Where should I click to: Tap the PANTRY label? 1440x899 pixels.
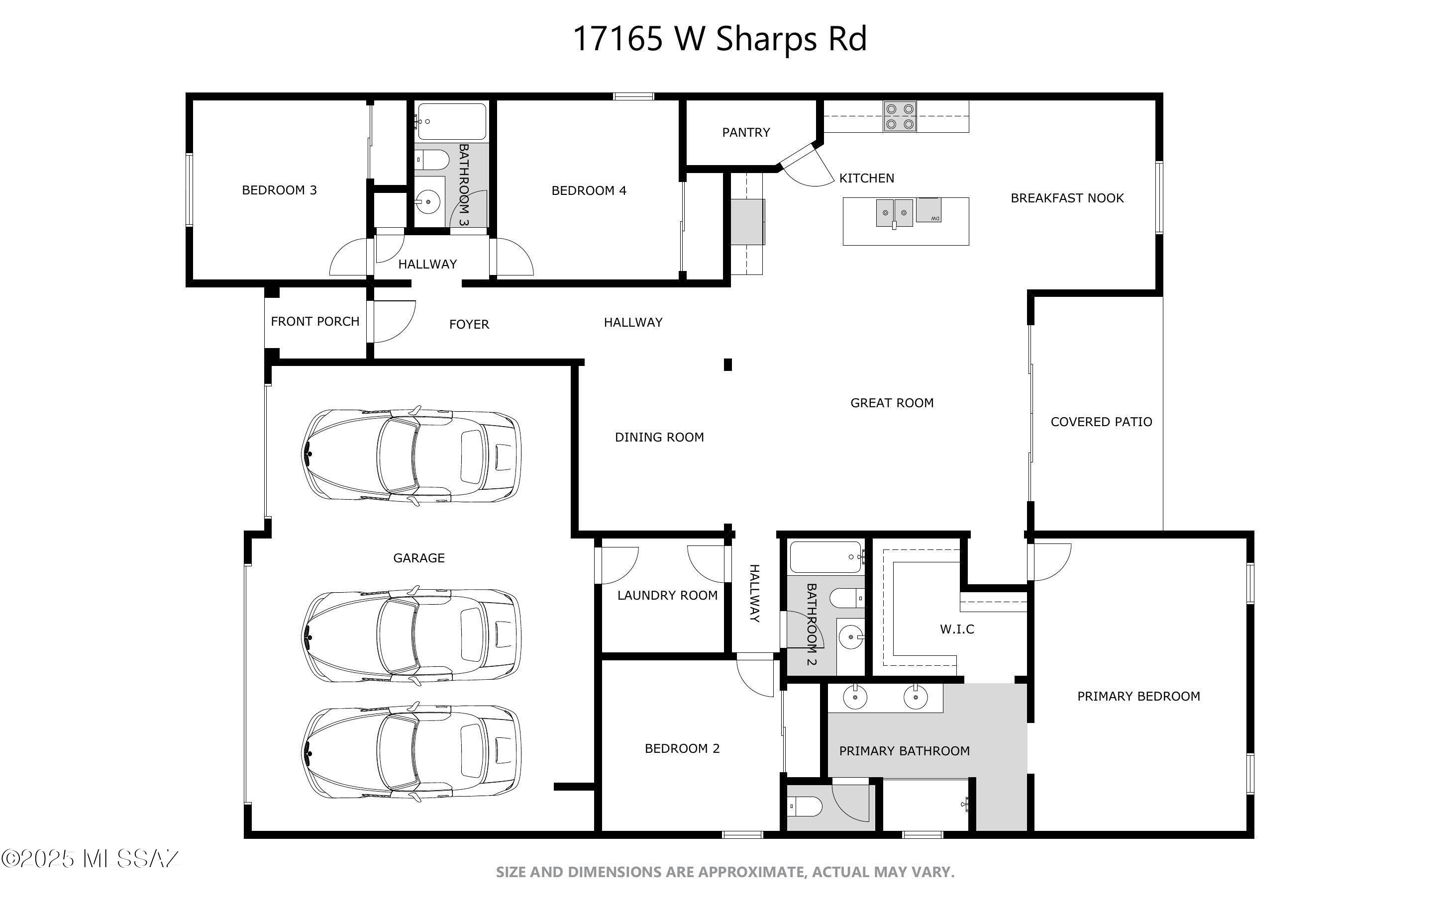coord(746,132)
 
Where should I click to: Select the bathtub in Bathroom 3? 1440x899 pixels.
coord(451,121)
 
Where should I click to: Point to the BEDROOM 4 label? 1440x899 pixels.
coord(589,190)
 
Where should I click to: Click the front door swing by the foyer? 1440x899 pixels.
coord(393,322)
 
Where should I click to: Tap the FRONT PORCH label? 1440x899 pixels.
coord(315,322)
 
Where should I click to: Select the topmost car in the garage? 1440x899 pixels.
coord(411,455)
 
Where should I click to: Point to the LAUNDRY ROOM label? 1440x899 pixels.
coord(667,595)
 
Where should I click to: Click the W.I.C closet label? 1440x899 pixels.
coord(957,629)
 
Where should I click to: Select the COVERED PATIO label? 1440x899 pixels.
coord(1101,422)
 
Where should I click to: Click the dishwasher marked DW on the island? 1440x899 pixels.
coord(928,210)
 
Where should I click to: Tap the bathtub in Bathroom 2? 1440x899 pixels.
coord(826,557)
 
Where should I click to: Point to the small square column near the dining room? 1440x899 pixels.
coord(727,364)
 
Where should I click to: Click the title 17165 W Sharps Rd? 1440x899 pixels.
coord(720,39)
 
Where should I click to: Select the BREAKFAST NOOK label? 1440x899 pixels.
coord(1067,198)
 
